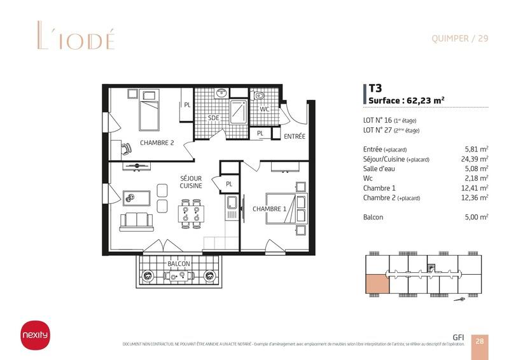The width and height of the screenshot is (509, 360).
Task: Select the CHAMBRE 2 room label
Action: pos(157,142)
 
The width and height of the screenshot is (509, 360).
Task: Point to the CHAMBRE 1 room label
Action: pos(269,208)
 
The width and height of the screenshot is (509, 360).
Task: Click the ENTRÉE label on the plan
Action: pos(295,136)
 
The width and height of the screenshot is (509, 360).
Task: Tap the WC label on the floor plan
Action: pos(265,109)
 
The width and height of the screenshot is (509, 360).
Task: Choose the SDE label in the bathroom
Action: pos(214,118)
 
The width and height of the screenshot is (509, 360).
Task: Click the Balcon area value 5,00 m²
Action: pos(477,217)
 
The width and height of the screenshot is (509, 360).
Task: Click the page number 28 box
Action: pos(480,341)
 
